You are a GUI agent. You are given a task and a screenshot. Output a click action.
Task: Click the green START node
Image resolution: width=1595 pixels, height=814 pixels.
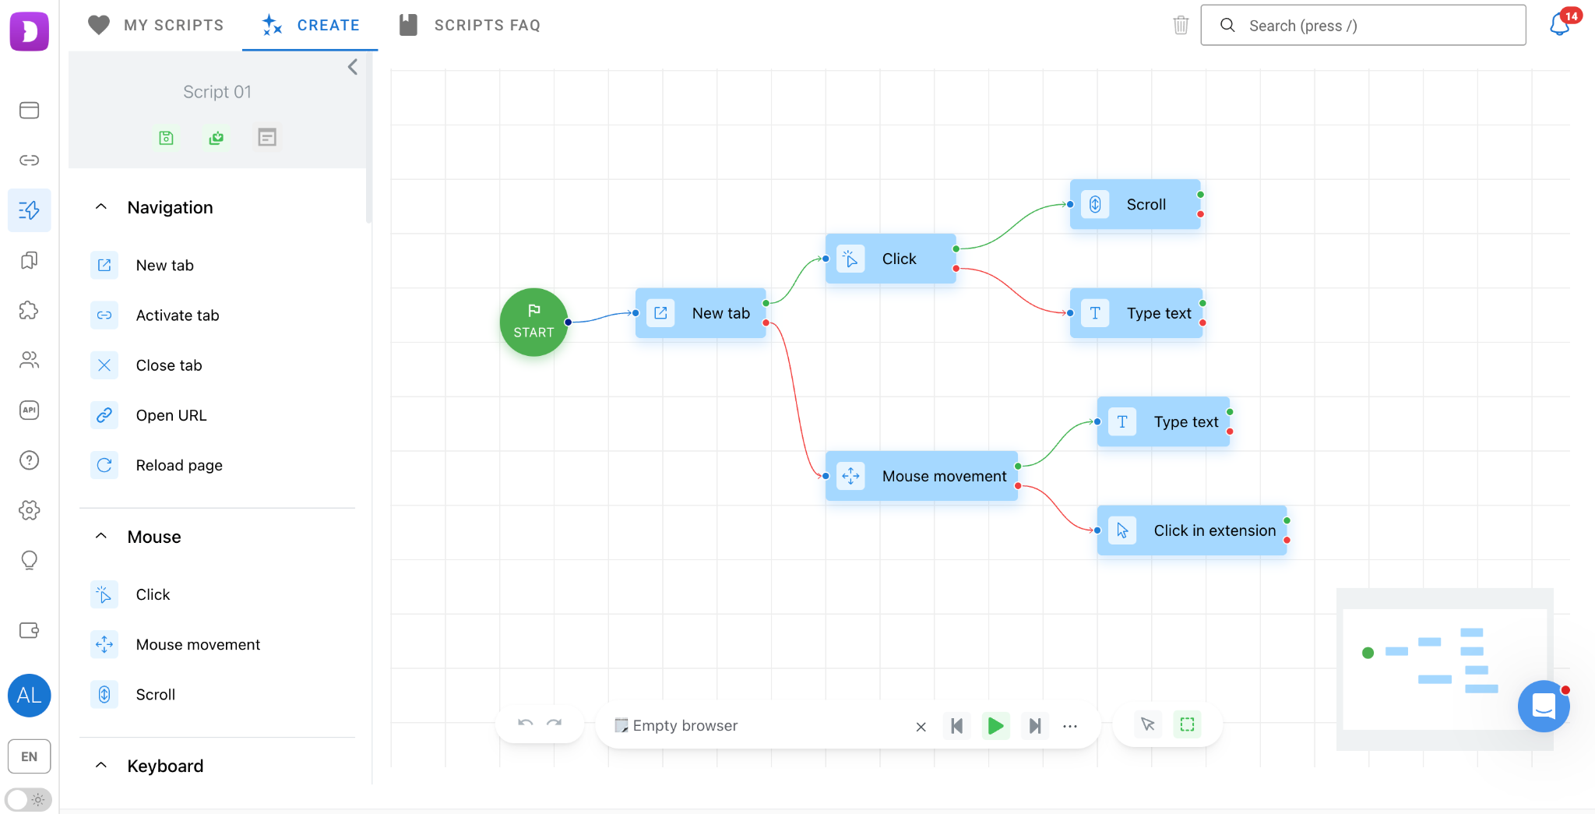coord(533,322)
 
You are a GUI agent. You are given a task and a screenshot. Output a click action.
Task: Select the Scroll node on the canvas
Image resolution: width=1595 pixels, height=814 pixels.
coord(1135,204)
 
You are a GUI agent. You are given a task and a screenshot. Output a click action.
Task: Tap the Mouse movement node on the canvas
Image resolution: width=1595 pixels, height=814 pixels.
coord(921,476)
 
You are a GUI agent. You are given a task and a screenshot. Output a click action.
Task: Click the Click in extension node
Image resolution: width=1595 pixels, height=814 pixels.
coord(1192,530)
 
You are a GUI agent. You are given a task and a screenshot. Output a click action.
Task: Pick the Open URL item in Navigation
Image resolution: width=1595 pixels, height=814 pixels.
coord(171,415)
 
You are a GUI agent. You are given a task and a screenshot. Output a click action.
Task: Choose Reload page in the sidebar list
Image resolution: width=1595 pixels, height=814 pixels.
coord(179,465)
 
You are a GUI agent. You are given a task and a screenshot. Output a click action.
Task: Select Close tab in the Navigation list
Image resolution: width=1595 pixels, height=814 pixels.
coord(169,365)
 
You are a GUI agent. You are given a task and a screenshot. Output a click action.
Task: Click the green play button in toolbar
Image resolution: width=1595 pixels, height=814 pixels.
coord(995,726)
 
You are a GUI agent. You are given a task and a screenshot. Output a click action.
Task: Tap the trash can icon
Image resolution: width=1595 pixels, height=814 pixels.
coord(1181,25)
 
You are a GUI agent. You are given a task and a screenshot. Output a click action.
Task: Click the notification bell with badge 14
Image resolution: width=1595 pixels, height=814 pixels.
coord(1560,24)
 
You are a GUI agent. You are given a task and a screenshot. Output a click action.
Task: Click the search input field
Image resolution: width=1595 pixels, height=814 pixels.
coord(1363,25)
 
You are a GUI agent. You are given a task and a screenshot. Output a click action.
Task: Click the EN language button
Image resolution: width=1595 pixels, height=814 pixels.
coord(29,756)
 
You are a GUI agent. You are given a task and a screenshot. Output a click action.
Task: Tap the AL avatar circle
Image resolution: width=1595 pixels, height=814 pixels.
coord(29,696)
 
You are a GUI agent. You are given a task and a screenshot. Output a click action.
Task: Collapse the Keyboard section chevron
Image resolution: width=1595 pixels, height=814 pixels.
coord(100,766)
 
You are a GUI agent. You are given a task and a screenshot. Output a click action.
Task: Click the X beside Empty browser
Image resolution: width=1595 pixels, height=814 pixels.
coord(921,727)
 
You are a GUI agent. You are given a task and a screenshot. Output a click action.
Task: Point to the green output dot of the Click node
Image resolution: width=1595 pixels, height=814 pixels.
coord(956,249)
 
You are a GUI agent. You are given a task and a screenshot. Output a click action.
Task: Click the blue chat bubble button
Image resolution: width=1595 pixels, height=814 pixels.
coord(1544,707)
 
